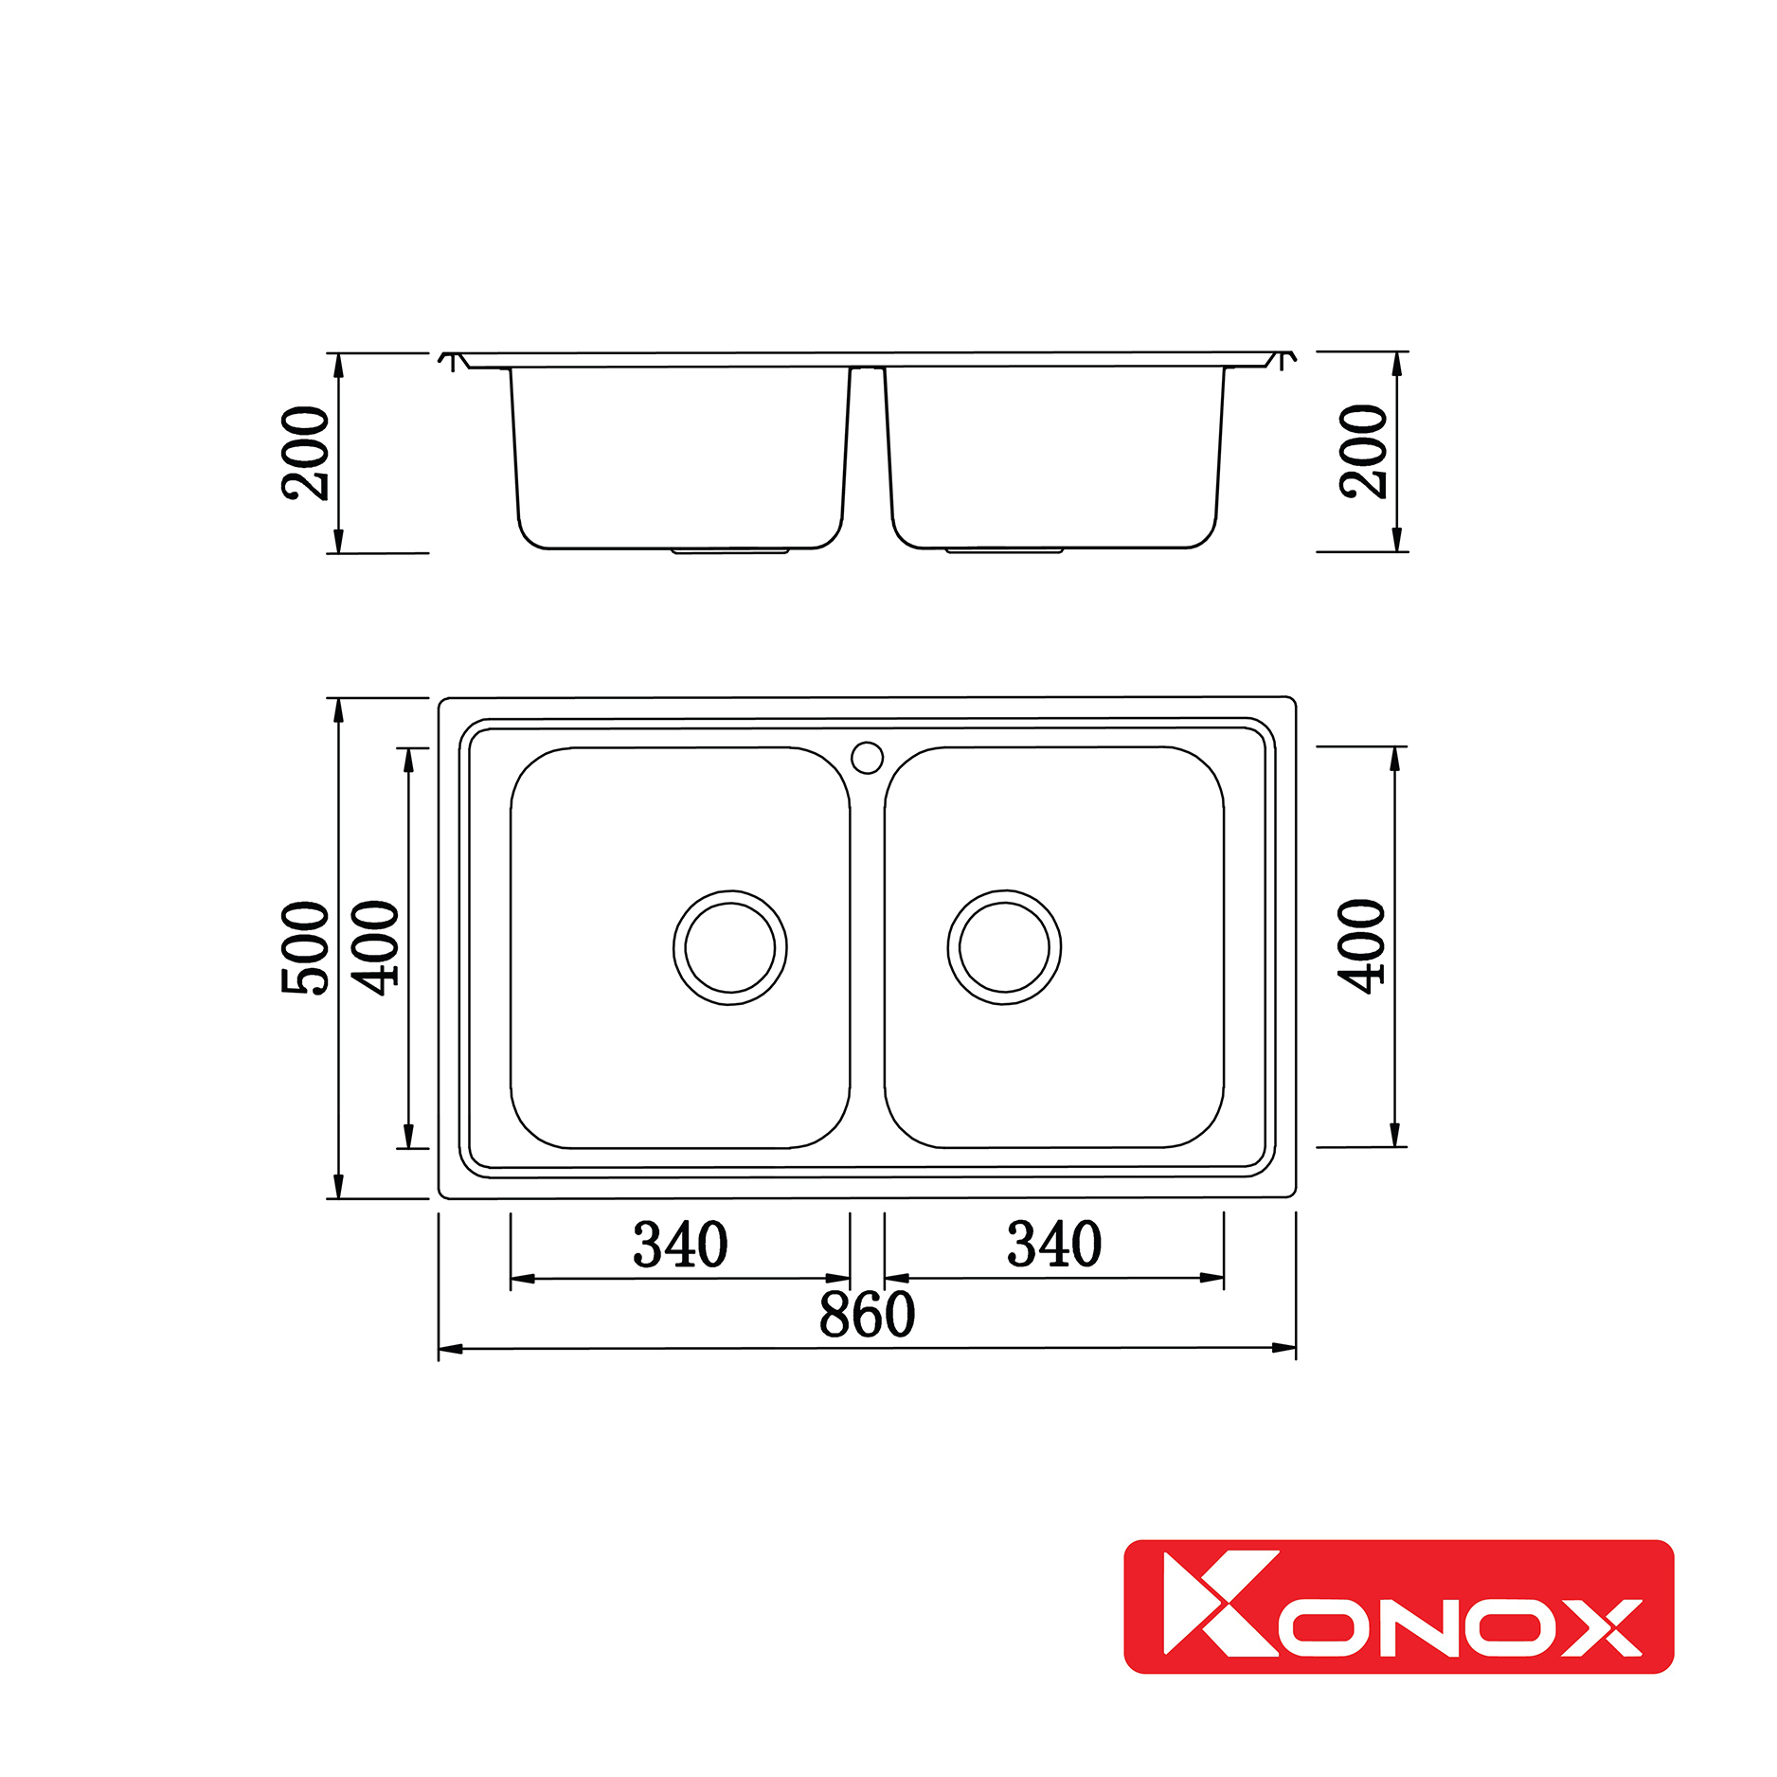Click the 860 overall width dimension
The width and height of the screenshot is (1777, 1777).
tap(867, 1314)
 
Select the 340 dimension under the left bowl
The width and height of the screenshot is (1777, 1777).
tap(680, 1245)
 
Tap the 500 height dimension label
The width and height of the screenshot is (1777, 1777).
tap(306, 947)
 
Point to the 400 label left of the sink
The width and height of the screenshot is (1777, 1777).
tap(376, 947)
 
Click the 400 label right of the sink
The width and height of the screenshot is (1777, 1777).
tap(1362, 946)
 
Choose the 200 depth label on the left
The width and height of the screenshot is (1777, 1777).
tap(306, 453)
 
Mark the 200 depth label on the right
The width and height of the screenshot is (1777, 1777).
tap(1363, 451)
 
